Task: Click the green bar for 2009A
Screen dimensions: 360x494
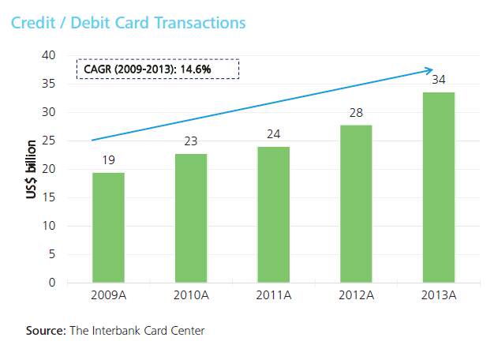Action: coord(108,227)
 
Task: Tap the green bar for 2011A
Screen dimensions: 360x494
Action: coord(273,214)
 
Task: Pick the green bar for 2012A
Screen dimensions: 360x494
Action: coord(356,203)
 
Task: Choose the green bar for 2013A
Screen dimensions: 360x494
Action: coord(439,187)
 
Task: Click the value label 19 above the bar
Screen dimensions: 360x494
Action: coord(108,161)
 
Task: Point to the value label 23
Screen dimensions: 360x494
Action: coord(191,142)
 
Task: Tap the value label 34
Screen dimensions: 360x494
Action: coord(439,81)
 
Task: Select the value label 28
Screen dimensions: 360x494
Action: coord(356,114)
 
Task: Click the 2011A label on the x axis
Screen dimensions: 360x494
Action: coord(273,296)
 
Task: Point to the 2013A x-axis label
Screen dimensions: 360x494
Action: coord(439,296)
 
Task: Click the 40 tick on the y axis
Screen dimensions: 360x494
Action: coord(50,55)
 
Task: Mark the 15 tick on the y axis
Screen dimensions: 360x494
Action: coord(50,197)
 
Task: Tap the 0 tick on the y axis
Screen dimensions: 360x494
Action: coord(52,283)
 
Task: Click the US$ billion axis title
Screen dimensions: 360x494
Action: coord(31,169)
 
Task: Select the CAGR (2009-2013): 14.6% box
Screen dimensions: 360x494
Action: coord(158,69)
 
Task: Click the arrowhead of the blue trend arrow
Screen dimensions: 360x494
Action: coord(429,70)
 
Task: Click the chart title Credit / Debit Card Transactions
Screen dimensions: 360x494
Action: coord(128,22)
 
